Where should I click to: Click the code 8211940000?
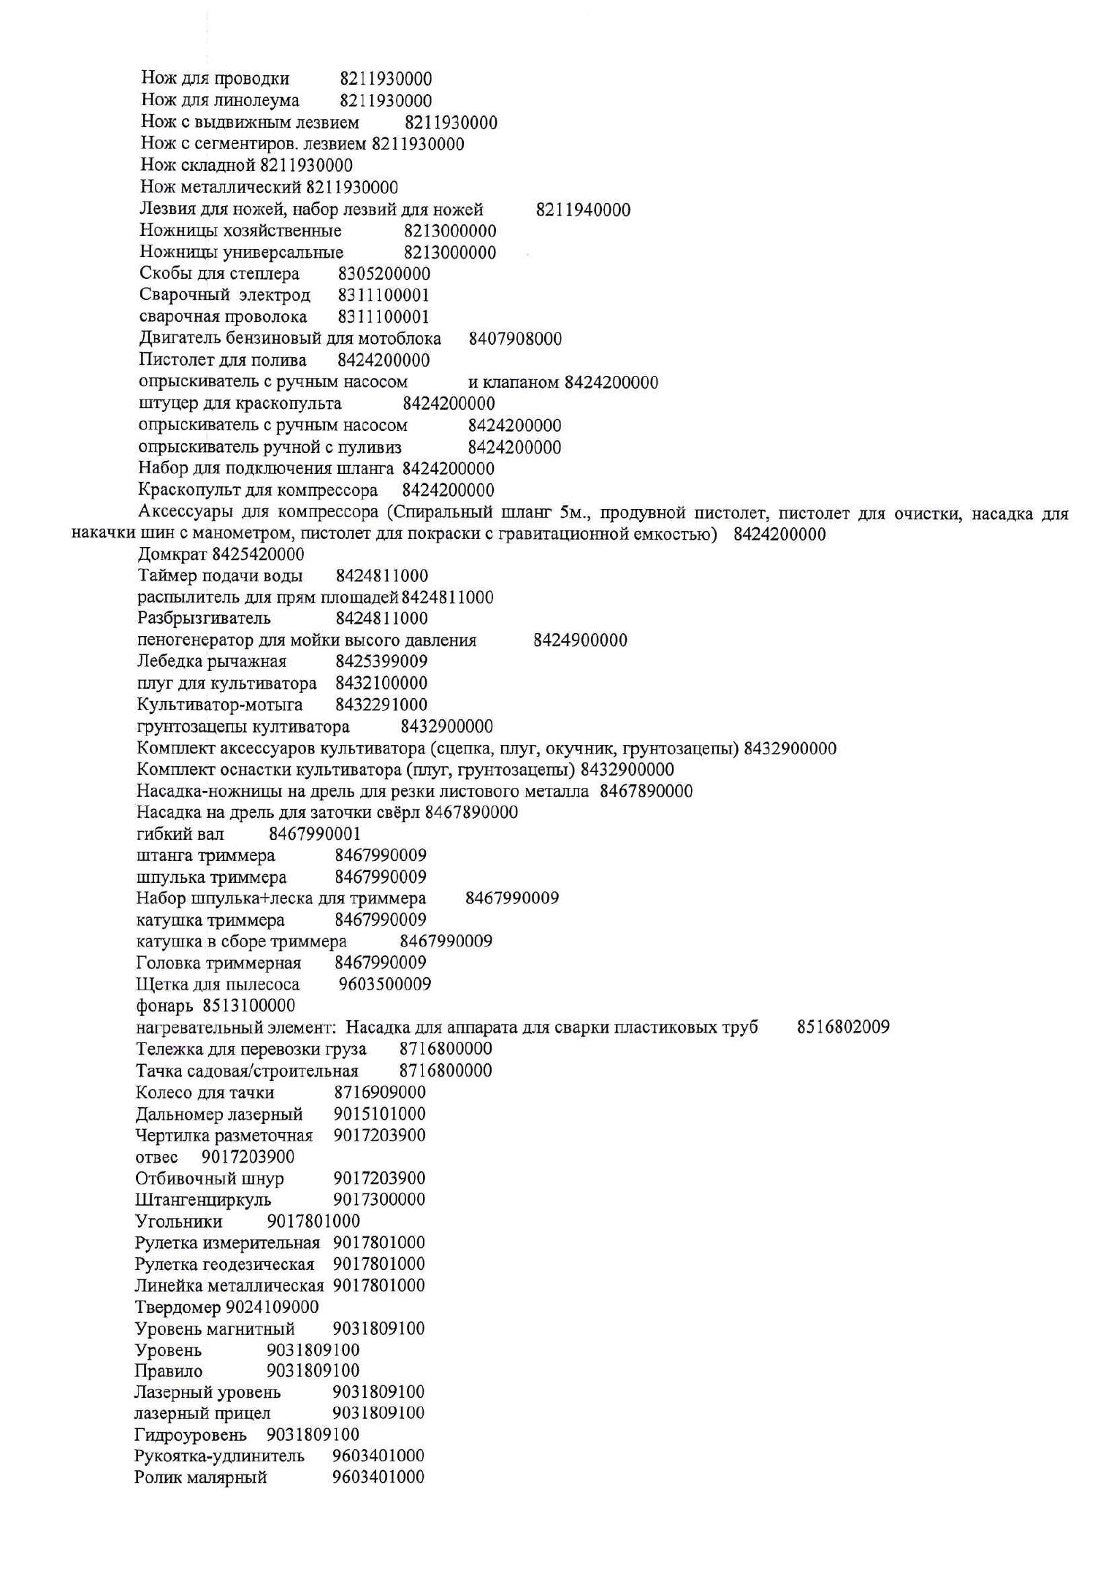click(x=583, y=210)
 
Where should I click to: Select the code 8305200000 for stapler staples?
click(x=384, y=275)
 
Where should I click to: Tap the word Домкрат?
click(x=167, y=555)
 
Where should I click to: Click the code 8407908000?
click(x=515, y=339)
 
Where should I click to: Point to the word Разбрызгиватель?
click(x=204, y=619)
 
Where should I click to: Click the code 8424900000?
click(x=580, y=640)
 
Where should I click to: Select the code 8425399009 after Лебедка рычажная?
click(x=381, y=662)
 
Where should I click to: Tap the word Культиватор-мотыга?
click(x=219, y=705)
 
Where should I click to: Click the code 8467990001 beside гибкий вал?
click(x=315, y=834)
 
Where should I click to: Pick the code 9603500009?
click(x=385, y=984)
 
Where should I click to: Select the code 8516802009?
click(x=843, y=1028)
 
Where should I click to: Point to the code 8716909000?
click(x=380, y=1093)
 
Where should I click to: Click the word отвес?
click(x=156, y=1158)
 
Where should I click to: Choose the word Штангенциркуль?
click(x=203, y=1200)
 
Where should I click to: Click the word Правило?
click(x=169, y=1371)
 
